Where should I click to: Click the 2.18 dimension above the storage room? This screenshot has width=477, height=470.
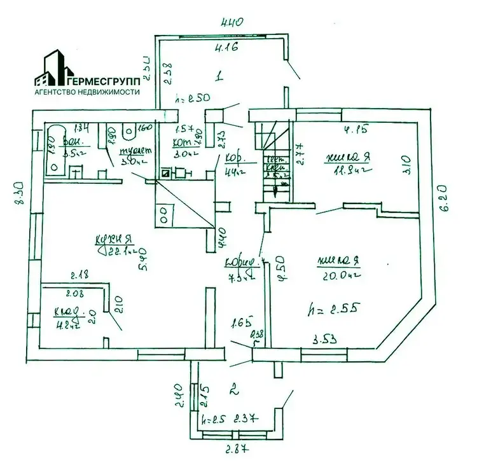click(79, 275)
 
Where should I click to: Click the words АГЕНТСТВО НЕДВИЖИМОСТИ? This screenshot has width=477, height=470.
click(86, 92)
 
